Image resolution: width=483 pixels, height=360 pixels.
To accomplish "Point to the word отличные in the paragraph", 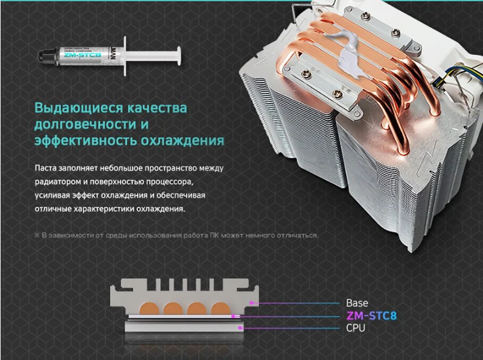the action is pos(54,208).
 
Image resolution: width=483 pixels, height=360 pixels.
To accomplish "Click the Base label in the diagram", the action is pos(357,302).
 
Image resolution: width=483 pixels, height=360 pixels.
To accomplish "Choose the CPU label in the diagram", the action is pos(355,328).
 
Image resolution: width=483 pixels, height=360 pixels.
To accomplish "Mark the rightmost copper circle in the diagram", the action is pos(222,307).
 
